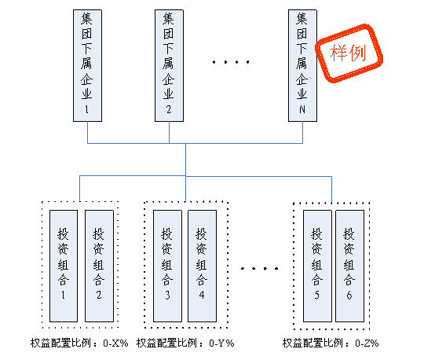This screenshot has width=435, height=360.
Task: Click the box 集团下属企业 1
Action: tap(87, 65)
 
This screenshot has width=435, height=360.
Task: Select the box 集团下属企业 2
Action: tap(169, 65)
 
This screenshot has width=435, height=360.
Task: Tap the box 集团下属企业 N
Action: tap(302, 65)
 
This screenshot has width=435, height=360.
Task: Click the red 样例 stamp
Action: tap(349, 53)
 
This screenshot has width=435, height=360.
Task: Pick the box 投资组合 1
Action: tap(64, 266)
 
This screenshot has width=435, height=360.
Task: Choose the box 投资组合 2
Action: tap(99, 266)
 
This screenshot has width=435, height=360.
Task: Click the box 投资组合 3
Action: tap(167, 266)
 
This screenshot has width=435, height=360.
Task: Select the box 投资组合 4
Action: tap(202, 266)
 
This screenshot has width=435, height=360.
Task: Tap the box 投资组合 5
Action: tap(317, 266)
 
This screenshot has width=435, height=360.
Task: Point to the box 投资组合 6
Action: tap(349, 266)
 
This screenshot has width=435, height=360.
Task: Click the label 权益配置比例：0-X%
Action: tap(79, 343)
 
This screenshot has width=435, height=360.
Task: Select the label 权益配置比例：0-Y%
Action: tap(185, 343)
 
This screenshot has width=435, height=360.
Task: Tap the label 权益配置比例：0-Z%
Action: tap(331, 343)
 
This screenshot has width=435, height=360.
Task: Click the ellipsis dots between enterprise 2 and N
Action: tap(231, 62)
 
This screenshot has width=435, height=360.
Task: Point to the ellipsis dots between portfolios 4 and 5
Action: tap(259, 268)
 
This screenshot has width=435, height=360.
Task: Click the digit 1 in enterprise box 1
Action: tap(87, 109)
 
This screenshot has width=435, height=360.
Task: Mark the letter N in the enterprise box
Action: tap(302, 109)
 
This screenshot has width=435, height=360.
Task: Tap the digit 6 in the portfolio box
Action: tap(349, 295)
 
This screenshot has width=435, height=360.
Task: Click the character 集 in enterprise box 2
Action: tap(168, 18)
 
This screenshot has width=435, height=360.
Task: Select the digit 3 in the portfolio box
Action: tap(167, 295)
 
